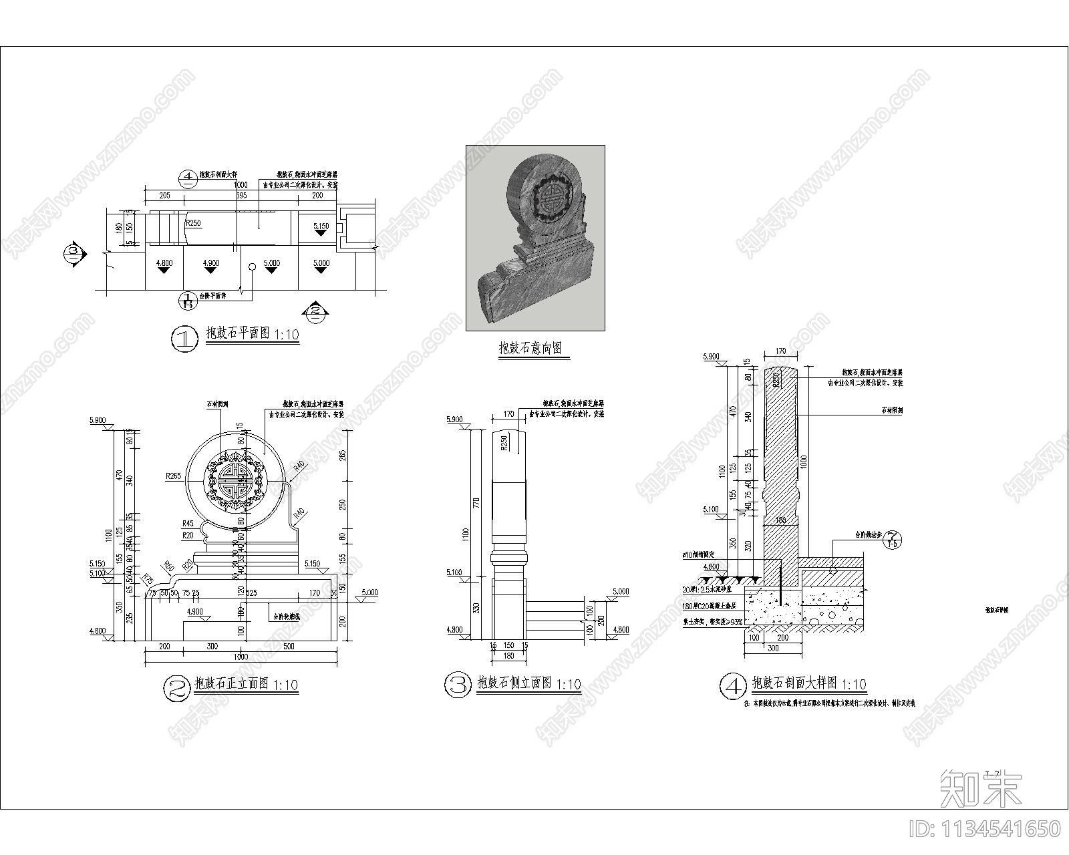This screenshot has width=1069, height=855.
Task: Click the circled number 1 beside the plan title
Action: coord(185,339)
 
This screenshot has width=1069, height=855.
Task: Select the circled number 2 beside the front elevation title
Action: coord(177,688)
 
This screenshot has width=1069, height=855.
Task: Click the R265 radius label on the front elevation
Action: coord(173,477)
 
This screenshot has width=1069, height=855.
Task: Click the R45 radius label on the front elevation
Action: coord(188,524)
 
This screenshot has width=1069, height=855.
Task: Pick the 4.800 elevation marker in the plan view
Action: coord(164,263)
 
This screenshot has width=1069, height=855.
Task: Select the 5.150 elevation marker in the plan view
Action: coord(321,226)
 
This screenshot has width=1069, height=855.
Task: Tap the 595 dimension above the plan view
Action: coord(241,196)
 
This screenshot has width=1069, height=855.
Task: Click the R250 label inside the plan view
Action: coord(193,223)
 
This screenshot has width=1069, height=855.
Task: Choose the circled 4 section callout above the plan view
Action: coord(188,177)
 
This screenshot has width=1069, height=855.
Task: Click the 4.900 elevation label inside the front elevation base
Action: coord(194,612)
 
